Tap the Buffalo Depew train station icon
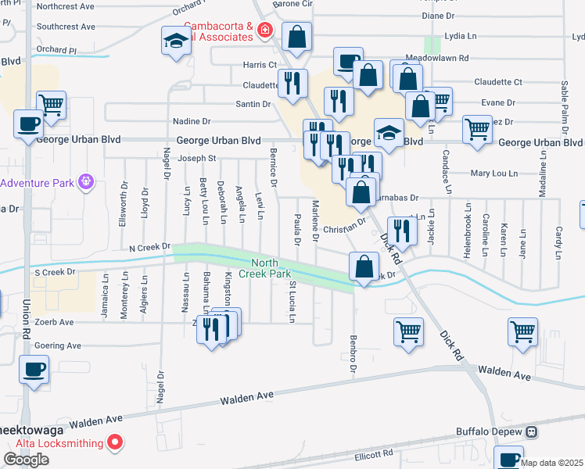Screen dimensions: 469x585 pyautogui.click(x=532, y=431)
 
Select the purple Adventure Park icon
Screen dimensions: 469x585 pyautogui.click(x=85, y=183)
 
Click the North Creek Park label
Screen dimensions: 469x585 pyautogui.click(x=271, y=268)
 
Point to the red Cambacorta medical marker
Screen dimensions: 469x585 pyautogui.click(x=265, y=30)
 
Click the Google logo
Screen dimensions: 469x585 pyautogui.click(x=26, y=460)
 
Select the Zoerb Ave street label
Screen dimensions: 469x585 pyautogui.click(x=54, y=321)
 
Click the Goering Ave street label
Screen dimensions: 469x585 pyautogui.click(x=56, y=345)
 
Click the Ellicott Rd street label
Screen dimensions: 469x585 pyautogui.click(x=371, y=453)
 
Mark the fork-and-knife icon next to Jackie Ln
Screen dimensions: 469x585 pyautogui.click(x=402, y=230)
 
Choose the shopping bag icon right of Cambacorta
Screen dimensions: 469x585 pyautogui.click(x=297, y=36)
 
